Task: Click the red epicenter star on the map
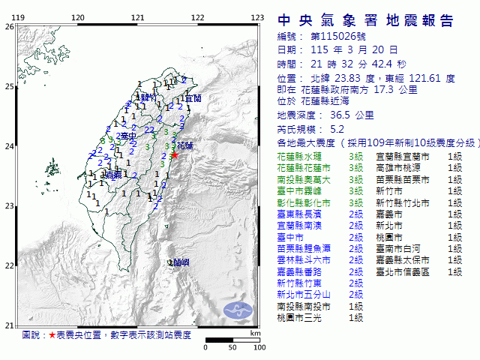click(x=174, y=155)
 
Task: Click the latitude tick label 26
click(x=8, y=27)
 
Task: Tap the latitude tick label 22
click(x=8, y=265)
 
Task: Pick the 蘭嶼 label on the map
click(x=180, y=262)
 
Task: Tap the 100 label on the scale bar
click(x=259, y=346)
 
